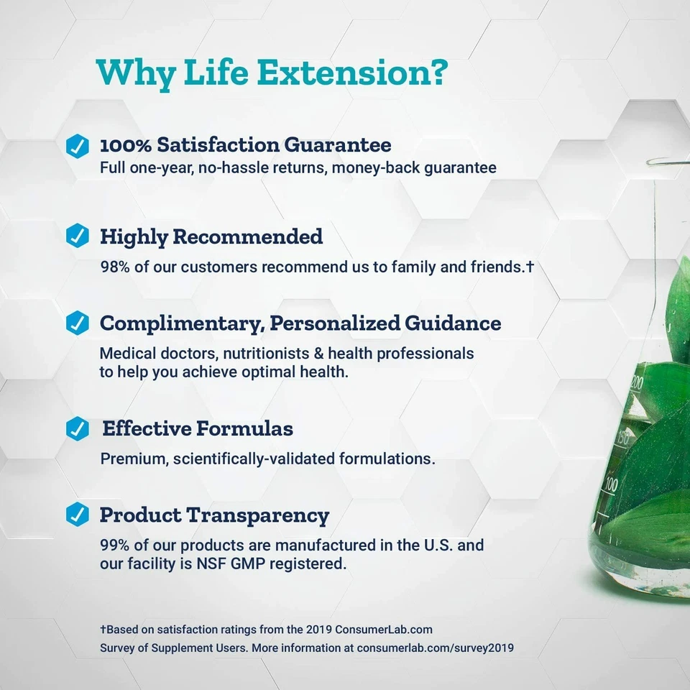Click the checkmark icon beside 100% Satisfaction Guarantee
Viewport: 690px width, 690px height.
77,144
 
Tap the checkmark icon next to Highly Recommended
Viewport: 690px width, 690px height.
77,236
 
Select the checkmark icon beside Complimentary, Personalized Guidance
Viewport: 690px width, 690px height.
77,323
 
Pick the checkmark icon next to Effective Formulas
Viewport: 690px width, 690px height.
77,429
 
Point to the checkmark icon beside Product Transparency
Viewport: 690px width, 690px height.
77,515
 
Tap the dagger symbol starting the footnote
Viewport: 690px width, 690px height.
103,630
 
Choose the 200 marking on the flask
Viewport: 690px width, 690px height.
637,384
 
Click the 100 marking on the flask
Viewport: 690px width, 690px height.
611,484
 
